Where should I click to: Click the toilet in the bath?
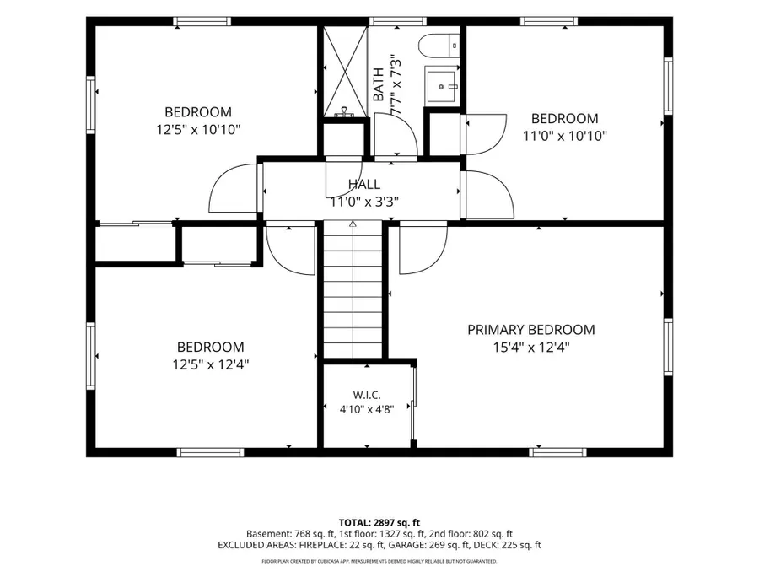(x=439, y=46)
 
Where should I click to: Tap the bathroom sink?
(x=441, y=84)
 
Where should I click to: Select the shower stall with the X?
(x=345, y=71)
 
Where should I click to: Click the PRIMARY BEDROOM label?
(x=531, y=330)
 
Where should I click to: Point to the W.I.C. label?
(x=367, y=395)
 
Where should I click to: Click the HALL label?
(x=364, y=184)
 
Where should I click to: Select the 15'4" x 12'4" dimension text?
(x=531, y=348)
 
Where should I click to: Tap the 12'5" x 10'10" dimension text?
(x=198, y=130)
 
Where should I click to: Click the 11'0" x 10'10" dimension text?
(x=564, y=136)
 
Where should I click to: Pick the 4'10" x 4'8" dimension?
(x=367, y=409)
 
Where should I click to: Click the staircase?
(x=353, y=289)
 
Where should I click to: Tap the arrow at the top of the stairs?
(x=353, y=224)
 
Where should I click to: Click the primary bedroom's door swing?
(x=423, y=247)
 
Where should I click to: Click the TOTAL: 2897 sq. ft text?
(x=379, y=523)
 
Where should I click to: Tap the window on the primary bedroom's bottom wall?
(x=557, y=453)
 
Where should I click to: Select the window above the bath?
(x=398, y=21)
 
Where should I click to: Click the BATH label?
(x=379, y=84)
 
